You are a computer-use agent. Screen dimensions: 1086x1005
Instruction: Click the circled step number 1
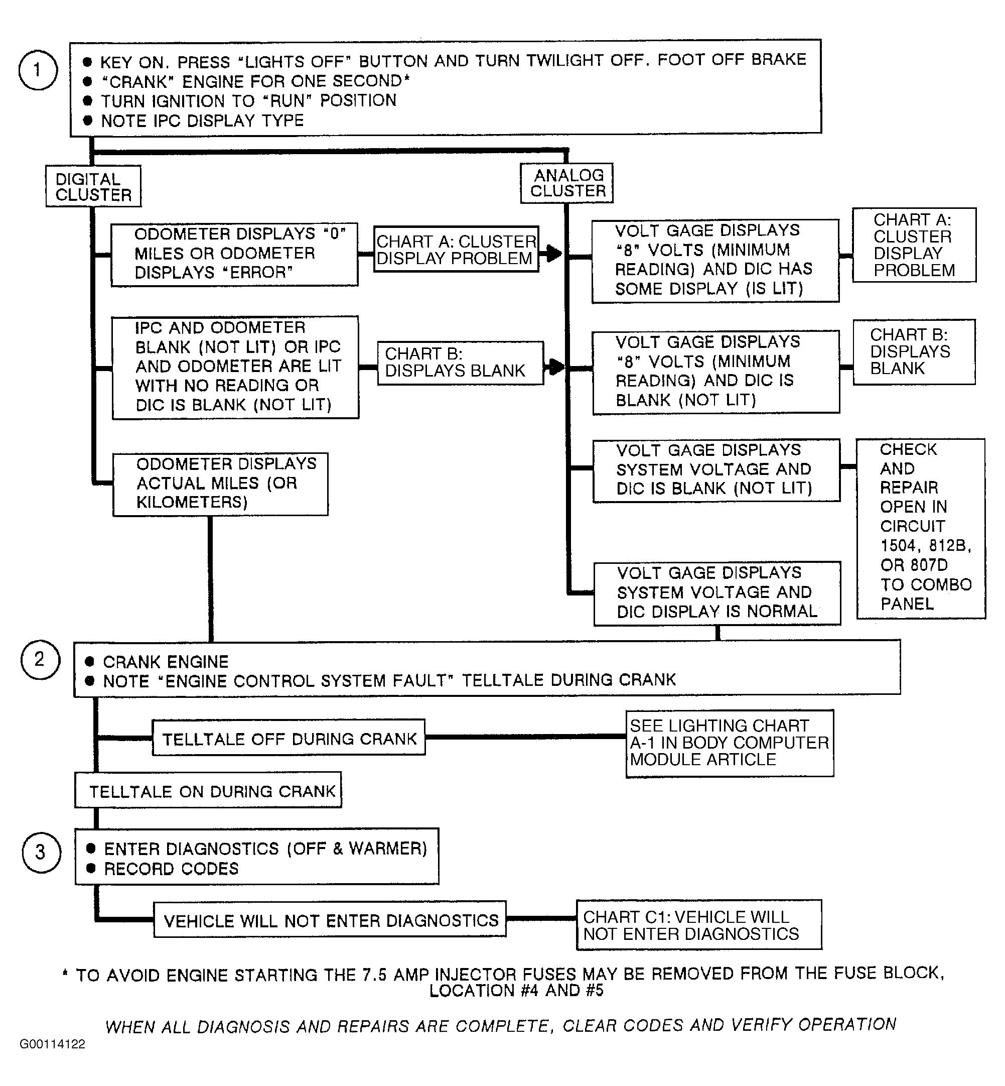(38, 70)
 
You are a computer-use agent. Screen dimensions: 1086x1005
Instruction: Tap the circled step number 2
(40, 659)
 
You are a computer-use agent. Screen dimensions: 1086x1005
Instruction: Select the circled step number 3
(41, 853)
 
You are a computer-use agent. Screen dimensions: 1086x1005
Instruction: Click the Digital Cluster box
(93, 187)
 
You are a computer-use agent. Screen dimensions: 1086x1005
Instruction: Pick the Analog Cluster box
(566, 183)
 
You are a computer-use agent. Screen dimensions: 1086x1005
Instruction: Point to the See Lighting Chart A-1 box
(729, 743)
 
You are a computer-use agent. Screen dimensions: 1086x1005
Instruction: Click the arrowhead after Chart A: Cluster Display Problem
(553, 253)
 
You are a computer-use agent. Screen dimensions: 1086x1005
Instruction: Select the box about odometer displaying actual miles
(220, 484)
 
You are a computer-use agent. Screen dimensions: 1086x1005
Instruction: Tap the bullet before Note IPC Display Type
(88, 120)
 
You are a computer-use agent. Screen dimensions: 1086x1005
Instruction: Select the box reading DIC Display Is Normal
(717, 593)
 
